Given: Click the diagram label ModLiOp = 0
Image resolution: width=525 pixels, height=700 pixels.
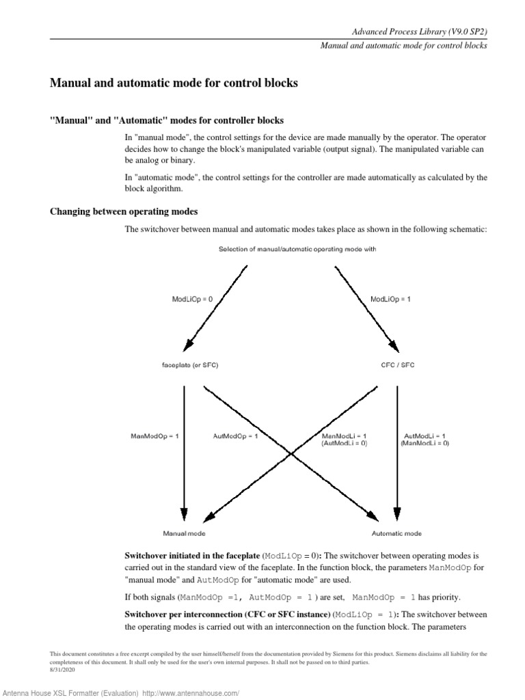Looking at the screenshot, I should click(x=191, y=299).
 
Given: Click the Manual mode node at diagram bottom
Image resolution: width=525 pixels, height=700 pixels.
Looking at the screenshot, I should click(x=183, y=533).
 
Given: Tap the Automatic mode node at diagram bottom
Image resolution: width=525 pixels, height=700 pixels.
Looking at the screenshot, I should click(x=396, y=533).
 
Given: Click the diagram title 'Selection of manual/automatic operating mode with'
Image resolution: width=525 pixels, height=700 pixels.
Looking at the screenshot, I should click(x=297, y=250).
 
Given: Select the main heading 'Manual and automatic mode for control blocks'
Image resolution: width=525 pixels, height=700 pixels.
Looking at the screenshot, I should click(x=174, y=83).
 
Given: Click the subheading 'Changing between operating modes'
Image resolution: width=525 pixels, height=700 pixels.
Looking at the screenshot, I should click(x=124, y=211).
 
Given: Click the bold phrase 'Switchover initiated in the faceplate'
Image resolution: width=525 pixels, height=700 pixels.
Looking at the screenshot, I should click(x=192, y=556).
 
